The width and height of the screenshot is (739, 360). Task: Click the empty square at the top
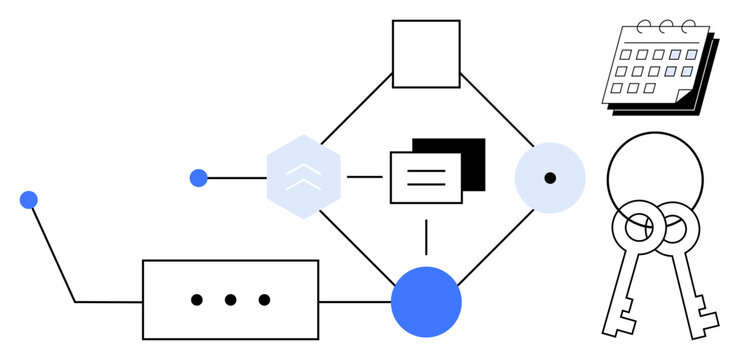(426, 54)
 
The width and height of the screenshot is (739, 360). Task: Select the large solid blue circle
(426, 302)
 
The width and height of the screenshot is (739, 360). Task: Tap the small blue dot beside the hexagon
(198, 178)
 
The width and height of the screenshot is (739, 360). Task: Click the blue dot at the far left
(28, 200)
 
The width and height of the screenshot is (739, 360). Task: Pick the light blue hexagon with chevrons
(304, 177)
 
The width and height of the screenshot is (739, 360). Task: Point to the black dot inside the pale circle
(550, 178)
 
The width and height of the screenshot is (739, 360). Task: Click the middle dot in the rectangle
(230, 299)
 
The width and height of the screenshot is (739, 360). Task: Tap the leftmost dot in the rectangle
(197, 299)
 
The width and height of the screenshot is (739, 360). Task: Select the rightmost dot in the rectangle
(264, 299)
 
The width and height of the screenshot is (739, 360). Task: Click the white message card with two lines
(425, 178)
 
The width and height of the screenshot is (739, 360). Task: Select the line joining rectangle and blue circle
(354, 301)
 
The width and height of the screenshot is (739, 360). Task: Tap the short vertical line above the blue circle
(426, 237)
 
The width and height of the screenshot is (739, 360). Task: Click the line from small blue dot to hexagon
(236, 178)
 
